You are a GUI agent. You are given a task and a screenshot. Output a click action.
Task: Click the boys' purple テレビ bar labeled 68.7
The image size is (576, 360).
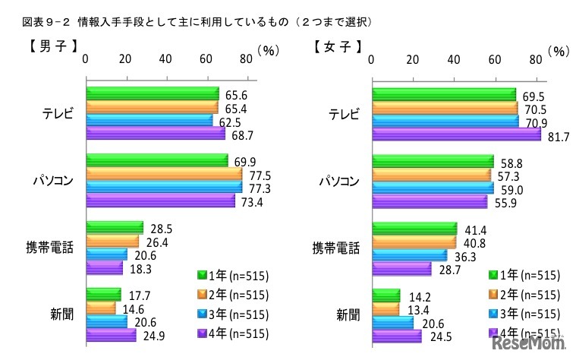pyautogui.click(x=156, y=134)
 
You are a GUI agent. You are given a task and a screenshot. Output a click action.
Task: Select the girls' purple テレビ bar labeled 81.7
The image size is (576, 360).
pyautogui.click(x=455, y=134)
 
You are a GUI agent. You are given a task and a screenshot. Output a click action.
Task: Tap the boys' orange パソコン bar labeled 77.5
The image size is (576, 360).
pyautogui.click(x=163, y=174)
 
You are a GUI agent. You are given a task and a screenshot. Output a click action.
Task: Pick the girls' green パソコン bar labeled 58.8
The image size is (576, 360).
pyautogui.click(x=433, y=162)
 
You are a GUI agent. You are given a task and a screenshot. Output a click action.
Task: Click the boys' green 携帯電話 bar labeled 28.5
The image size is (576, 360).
pyautogui.click(x=115, y=228)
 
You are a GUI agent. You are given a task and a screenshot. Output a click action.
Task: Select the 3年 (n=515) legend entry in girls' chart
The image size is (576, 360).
pyautogui.click(x=525, y=313)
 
